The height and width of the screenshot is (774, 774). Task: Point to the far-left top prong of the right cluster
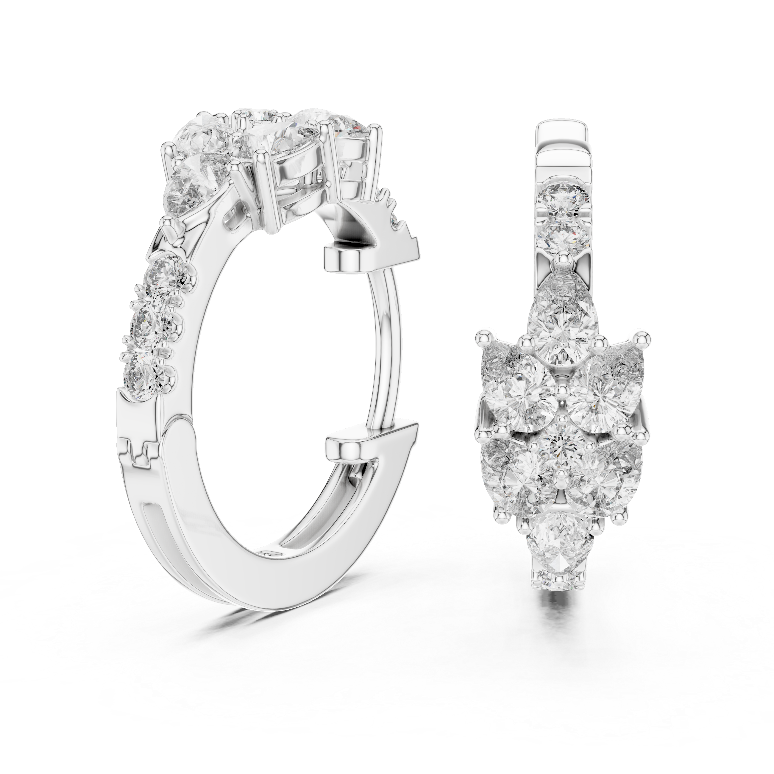click(482, 336)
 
